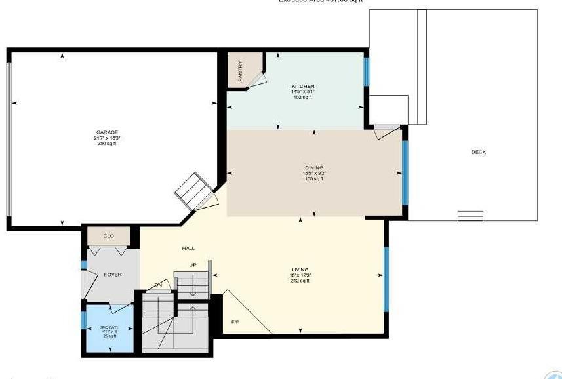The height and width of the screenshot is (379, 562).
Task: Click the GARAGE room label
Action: pyautogui.click(x=107, y=132)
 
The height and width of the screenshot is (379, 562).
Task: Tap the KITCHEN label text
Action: pyautogui.click(x=303, y=87)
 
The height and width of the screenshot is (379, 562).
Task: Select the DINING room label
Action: pyautogui.click(x=314, y=168)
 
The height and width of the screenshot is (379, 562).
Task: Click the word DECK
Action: pyautogui.click(x=479, y=153)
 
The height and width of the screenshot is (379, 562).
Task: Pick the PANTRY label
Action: pyautogui.click(x=241, y=70)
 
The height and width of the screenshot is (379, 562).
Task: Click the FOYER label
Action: pyautogui.click(x=113, y=275)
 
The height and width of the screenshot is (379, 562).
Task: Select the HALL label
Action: pyautogui.click(x=188, y=248)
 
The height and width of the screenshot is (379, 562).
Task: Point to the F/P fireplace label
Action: pyautogui.click(x=235, y=322)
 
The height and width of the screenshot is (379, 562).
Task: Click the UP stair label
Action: pyautogui.click(x=192, y=266)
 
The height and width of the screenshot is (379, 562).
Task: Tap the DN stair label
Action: pyautogui.click(x=158, y=285)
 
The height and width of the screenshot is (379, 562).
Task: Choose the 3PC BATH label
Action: pyautogui.click(x=109, y=327)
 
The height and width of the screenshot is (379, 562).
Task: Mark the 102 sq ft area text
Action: pyautogui.click(x=303, y=98)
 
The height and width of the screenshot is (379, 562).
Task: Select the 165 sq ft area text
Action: pyautogui.click(x=314, y=179)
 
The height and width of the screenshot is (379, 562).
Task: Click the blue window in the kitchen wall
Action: pyautogui.click(x=367, y=71)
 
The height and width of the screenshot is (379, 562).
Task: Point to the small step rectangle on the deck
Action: pyautogui.click(x=470, y=214)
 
